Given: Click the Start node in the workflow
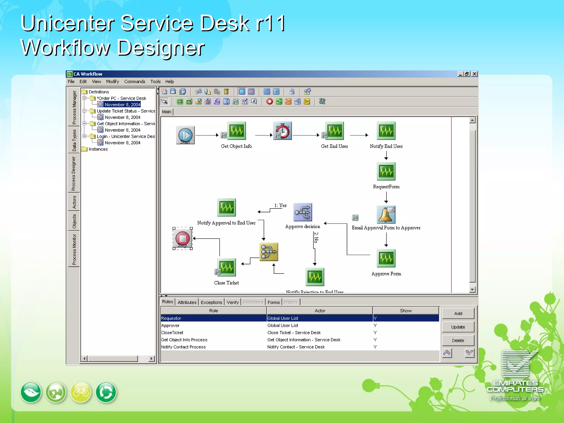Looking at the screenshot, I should (x=185, y=135).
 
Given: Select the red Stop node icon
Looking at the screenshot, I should (x=183, y=238).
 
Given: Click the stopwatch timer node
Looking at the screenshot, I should (x=283, y=131).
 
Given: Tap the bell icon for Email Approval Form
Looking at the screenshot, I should (x=386, y=214).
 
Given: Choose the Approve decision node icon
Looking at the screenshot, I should (x=303, y=212).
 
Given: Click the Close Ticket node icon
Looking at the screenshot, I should (x=227, y=267).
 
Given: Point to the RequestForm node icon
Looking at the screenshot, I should (x=386, y=171).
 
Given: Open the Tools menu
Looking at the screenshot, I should (x=155, y=82).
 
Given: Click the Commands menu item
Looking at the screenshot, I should (x=135, y=82).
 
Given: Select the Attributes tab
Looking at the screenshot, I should (x=187, y=302).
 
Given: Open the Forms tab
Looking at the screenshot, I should (x=273, y=302).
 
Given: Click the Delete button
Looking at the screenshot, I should (x=458, y=341).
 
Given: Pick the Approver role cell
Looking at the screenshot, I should (x=170, y=326).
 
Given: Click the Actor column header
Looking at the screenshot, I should (x=320, y=311).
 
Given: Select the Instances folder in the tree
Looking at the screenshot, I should (x=98, y=149).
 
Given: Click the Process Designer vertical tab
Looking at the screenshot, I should (x=74, y=173).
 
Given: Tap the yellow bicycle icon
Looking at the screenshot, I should (x=81, y=392).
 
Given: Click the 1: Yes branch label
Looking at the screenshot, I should (x=280, y=205).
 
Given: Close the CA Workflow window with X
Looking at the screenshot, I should (x=474, y=74).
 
